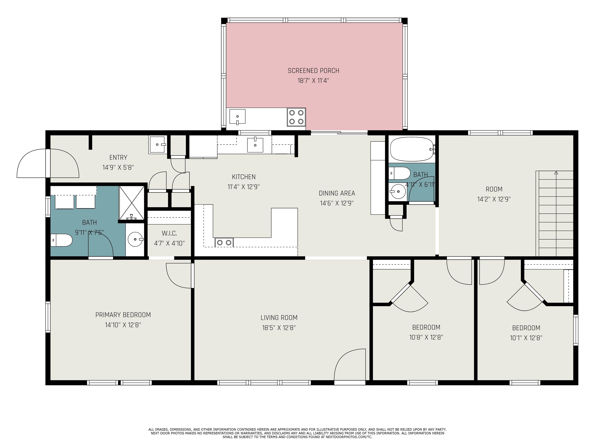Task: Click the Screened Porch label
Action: [x=313, y=71]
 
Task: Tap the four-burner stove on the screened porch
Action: [x=296, y=117]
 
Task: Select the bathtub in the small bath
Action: [x=412, y=149]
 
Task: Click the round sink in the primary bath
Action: [x=135, y=239]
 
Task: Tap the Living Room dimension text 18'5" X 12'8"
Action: [x=279, y=328]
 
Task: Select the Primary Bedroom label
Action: [x=123, y=315]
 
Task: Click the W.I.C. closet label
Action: [x=169, y=233]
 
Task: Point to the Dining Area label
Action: [x=337, y=193]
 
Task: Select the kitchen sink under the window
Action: [x=255, y=145]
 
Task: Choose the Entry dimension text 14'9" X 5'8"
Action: [x=118, y=167]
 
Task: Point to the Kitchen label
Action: [x=244, y=177]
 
